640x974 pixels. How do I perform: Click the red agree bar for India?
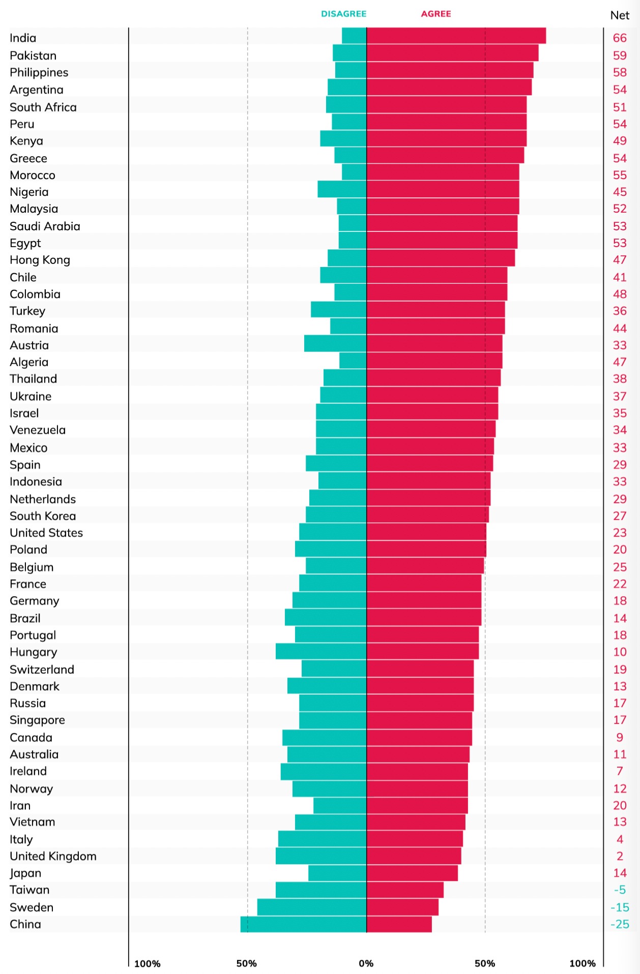click(456, 36)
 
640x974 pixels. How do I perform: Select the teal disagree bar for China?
click(304, 924)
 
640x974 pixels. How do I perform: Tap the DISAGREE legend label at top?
click(343, 14)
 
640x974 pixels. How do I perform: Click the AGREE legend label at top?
click(436, 14)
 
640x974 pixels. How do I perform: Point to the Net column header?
click(620, 15)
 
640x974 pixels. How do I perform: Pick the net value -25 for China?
click(620, 924)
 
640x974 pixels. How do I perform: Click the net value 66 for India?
click(620, 38)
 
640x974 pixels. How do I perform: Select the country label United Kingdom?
click(53, 856)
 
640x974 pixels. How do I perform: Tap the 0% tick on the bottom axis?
click(366, 963)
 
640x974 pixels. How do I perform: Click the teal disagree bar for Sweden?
click(312, 907)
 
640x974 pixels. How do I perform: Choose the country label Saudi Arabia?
click(45, 226)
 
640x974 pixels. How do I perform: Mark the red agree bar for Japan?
click(412, 873)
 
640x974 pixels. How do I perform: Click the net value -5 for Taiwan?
click(620, 890)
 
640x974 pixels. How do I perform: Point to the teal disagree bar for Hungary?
click(321, 651)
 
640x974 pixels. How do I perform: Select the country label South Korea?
click(43, 516)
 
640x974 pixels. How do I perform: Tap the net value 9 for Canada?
click(620, 737)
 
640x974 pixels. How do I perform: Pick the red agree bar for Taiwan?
click(405, 890)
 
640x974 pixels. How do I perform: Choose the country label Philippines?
click(39, 72)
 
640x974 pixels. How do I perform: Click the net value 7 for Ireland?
click(620, 771)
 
